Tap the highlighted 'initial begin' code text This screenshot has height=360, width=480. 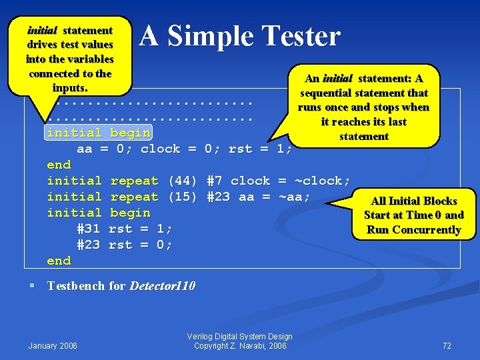99,133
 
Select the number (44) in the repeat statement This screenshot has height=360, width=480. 183,181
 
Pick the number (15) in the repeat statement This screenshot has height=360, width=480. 183,197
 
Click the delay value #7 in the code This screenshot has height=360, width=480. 215,181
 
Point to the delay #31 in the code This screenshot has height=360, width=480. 89,229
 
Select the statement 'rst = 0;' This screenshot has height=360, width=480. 140,245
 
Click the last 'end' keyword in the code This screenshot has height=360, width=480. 59,261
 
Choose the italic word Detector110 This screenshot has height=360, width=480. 162,286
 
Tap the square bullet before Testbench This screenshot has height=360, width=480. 31,286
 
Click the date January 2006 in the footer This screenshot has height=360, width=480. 53,345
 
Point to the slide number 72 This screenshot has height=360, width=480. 447,345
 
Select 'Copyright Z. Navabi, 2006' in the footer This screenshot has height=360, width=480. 240,345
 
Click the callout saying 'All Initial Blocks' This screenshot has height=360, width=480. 413,201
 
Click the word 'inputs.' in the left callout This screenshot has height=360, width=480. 69,87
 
